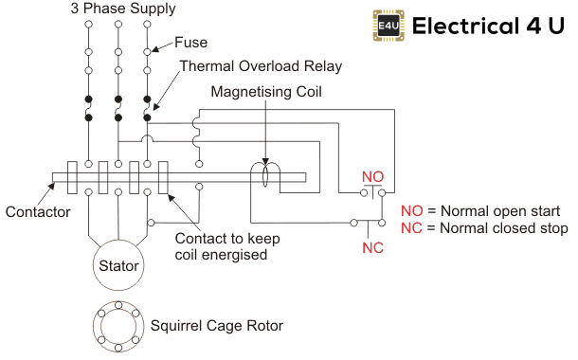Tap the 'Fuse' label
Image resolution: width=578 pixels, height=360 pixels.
tap(190, 43)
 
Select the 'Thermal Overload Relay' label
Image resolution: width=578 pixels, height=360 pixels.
tap(261, 66)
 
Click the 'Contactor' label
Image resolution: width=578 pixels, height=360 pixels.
tap(37, 212)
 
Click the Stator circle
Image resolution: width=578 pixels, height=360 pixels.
tap(118, 266)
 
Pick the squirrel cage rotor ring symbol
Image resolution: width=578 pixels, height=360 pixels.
tap(118, 325)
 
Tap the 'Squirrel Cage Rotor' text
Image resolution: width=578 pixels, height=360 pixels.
tap(217, 325)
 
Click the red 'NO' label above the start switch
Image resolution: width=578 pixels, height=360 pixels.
tap(372, 176)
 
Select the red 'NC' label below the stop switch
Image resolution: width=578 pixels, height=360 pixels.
tap(372, 248)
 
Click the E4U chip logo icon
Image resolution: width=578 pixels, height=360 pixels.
tap(388, 26)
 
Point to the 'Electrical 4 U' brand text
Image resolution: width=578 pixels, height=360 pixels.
tap(489, 26)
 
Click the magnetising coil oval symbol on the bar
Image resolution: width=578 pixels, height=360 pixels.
tap(266, 176)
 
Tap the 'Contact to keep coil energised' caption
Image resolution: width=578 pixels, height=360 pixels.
tap(221, 246)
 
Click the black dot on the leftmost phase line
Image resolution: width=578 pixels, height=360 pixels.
tap(88, 99)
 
